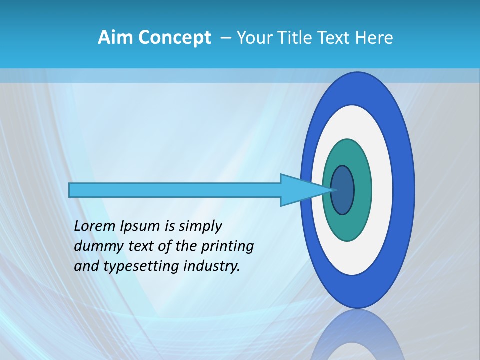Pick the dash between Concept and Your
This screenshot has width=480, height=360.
(225, 38)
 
